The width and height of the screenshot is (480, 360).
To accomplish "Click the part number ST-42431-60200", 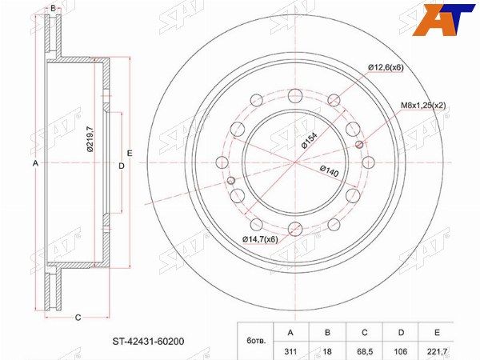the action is tap(149, 341).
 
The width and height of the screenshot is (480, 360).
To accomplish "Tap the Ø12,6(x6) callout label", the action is tap(386, 68).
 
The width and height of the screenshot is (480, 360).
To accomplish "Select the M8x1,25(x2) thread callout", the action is tap(423, 106).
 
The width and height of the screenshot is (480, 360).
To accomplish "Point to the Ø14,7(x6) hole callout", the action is tap(260, 239).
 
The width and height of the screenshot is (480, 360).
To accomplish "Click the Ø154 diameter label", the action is tap(309, 141).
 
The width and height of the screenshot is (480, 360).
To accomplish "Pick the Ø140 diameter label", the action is tap(330, 171).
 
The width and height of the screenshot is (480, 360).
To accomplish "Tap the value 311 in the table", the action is tap(290, 351).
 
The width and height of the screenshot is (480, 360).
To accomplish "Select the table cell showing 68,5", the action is tap(364, 351).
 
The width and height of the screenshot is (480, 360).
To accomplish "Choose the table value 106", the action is tap(401, 351).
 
